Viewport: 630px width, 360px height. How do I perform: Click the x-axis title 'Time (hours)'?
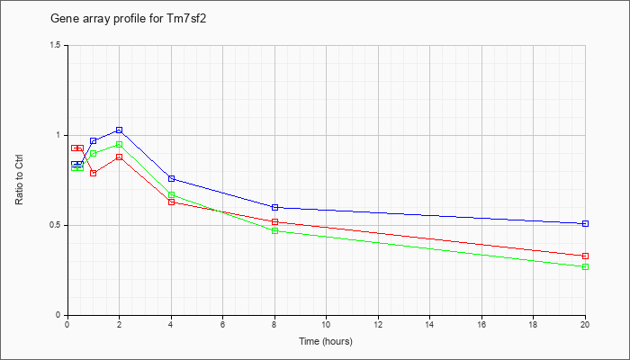[x=326, y=342]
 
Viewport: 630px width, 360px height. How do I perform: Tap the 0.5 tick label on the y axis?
[x=55, y=225]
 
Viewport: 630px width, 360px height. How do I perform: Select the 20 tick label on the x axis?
[x=585, y=326]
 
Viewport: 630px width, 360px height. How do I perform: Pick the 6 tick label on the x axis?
[x=222, y=326]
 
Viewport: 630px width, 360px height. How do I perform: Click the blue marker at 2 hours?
[x=119, y=130]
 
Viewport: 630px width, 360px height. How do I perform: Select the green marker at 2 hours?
[x=119, y=145]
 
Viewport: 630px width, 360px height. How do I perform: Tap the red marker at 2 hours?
[x=119, y=157]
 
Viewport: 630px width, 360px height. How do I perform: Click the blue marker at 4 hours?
[x=171, y=178]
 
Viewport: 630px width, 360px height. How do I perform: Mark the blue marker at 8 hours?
[x=274, y=207]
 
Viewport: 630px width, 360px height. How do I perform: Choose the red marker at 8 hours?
[x=274, y=221]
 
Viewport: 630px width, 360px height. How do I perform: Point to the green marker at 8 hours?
[x=274, y=231]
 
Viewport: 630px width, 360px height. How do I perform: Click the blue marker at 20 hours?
[x=586, y=223]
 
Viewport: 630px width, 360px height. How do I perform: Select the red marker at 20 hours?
[x=586, y=256]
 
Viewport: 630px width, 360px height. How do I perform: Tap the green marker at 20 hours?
[x=586, y=266]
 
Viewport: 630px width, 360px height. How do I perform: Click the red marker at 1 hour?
[x=93, y=173]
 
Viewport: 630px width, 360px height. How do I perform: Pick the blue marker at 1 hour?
[x=93, y=141]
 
